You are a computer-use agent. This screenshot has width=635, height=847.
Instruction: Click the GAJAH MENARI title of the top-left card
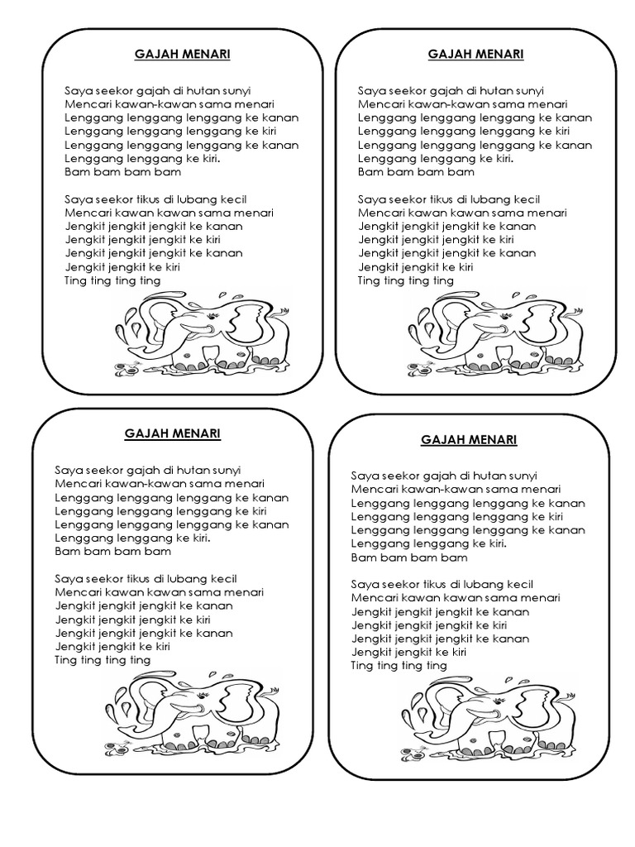tap(184, 55)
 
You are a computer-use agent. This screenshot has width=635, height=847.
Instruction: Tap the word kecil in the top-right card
tap(523, 199)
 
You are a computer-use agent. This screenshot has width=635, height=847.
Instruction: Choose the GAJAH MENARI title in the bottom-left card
tap(173, 433)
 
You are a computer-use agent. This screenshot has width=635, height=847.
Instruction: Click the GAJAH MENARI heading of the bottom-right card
tap(469, 439)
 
